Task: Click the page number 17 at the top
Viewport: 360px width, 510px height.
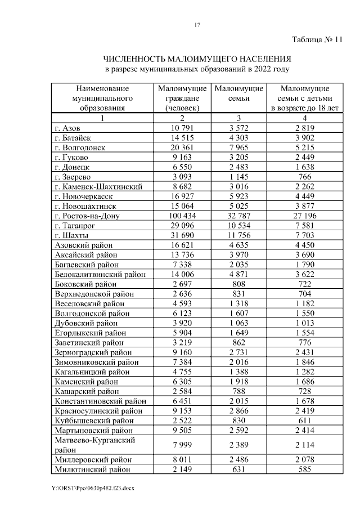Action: (197, 25)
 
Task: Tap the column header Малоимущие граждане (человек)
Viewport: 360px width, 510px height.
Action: (182, 99)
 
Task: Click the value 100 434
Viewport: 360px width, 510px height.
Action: (182, 216)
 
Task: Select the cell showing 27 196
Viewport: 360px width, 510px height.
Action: (304, 216)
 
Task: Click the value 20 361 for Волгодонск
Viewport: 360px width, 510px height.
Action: (182, 147)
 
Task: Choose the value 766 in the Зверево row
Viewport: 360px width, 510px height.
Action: (304, 177)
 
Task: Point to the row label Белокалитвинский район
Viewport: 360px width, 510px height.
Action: (100, 274)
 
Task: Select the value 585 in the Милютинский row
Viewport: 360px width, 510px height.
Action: (304, 468)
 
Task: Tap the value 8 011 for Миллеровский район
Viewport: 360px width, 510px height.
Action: (182, 459)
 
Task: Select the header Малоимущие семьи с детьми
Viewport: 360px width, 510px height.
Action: (304, 99)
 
